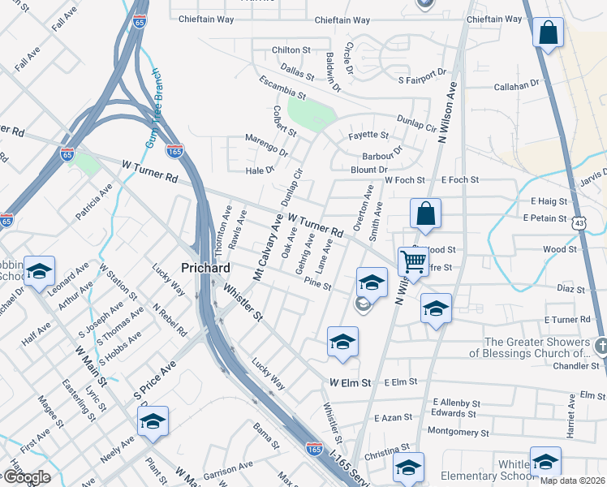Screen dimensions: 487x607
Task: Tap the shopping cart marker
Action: (x=414, y=261)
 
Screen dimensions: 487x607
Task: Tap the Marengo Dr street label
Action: (x=267, y=151)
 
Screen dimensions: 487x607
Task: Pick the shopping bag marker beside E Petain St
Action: (x=425, y=215)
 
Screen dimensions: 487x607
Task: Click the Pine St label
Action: (x=317, y=286)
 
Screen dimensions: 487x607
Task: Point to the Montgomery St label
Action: (x=458, y=431)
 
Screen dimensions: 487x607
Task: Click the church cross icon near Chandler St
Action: (x=600, y=347)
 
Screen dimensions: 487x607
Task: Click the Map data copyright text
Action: (x=573, y=481)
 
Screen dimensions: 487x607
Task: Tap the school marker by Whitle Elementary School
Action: (x=545, y=460)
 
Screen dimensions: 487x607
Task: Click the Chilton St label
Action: (x=291, y=50)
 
